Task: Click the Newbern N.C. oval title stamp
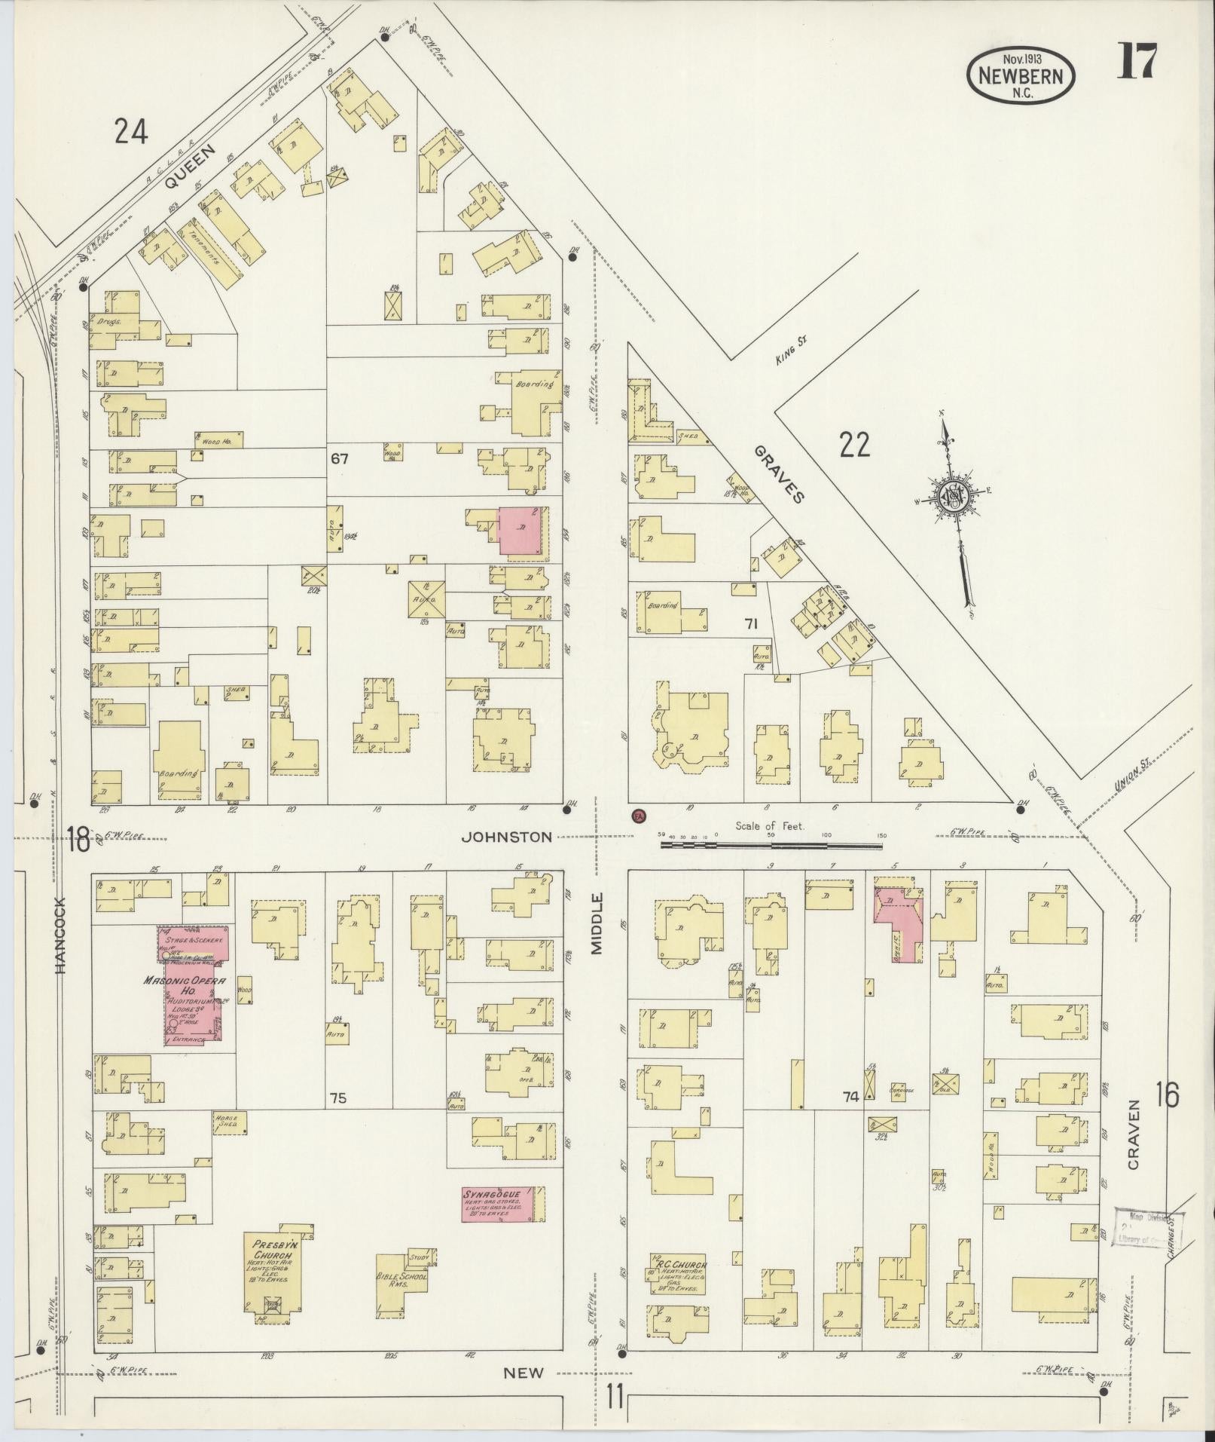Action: coord(1021,74)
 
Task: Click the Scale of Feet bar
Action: coord(771,845)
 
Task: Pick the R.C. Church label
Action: coord(675,1264)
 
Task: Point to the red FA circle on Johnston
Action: coord(639,815)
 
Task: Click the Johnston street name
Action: coord(506,837)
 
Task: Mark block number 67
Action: coord(339,458)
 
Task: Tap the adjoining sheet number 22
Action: coord(855,445)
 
